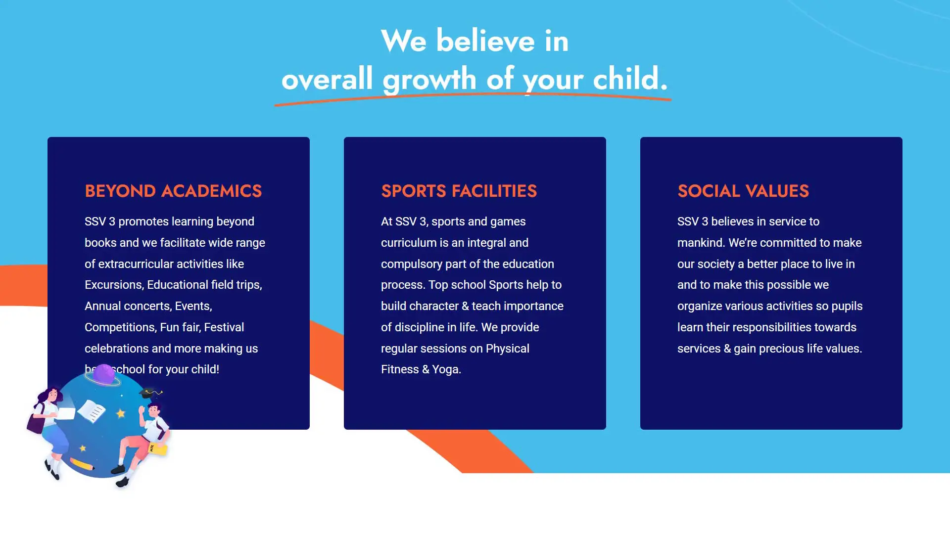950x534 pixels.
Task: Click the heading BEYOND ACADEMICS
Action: click(x=173, y=191)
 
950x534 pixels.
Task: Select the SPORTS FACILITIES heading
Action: click(x=459, y=191)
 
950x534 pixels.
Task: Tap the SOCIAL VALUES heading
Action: click(x=743, y=191)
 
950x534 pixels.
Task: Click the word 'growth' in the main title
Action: click(x=429, y=79)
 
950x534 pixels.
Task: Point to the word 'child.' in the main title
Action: click(x=630, y=79)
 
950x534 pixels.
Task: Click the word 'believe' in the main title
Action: click(x=485, y=41)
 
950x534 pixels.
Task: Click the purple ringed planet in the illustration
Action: click(x=103, y=375)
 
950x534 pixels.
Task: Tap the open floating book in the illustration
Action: click(x=92, y=411)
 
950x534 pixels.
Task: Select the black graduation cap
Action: click(x=148, y=394)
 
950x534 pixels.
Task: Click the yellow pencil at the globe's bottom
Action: click(x=82, y=464)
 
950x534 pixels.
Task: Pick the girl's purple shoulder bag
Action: click(x=36, y=422)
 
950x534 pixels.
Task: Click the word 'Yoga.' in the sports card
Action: click(x=446, y=369)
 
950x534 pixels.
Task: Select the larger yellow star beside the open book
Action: click(x=121, y=413)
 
